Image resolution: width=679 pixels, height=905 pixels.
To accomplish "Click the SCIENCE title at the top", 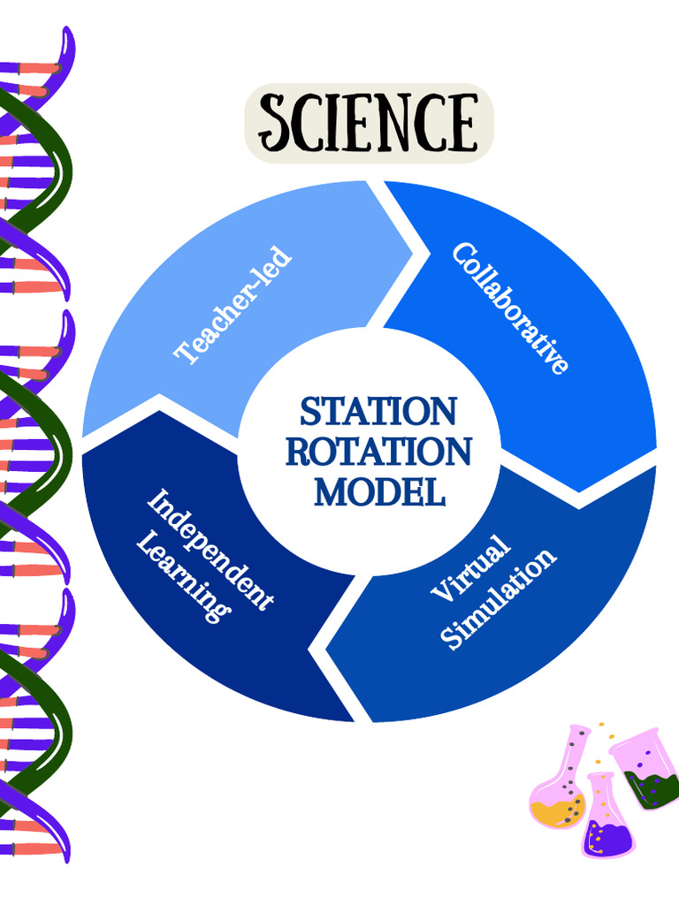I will click(367, 123).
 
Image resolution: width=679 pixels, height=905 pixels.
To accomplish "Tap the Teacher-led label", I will click(233, 305).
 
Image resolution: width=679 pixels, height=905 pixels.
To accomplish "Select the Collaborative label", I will click(510, 308).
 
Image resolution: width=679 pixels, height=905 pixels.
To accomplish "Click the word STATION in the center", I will click(378, 412).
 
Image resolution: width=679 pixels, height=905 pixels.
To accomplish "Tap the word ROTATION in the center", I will click(378, 452).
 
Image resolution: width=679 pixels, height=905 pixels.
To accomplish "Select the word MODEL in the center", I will click(379, 491).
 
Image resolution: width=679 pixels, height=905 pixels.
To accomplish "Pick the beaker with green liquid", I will click(648, 769).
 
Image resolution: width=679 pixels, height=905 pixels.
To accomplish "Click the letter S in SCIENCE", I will click(275, 125).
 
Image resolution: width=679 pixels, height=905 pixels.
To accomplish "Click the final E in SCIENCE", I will click(461, 123).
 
